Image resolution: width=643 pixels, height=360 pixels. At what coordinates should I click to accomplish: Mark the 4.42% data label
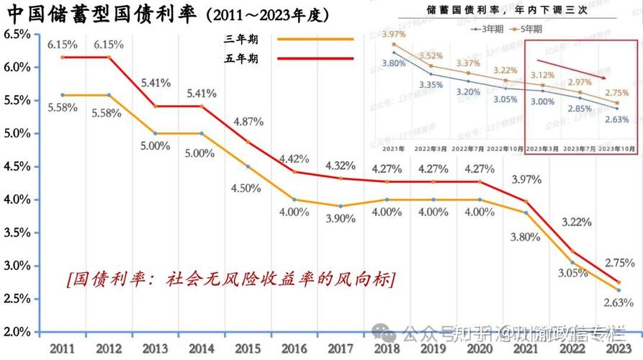coord(294,158)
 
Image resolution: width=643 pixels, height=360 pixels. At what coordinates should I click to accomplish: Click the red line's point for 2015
coord(248,142)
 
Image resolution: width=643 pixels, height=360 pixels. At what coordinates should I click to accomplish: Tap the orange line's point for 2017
coord(341,206)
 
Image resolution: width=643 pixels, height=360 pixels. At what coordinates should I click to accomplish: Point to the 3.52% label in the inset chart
coord(431,56)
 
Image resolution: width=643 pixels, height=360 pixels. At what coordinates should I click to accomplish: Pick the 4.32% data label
coord(340,166)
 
